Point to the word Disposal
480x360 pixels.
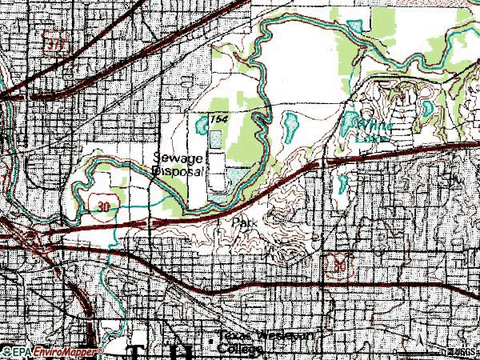coord(179,171)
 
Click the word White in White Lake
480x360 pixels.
coord(373,126)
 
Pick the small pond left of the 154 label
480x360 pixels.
coord(198,125)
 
